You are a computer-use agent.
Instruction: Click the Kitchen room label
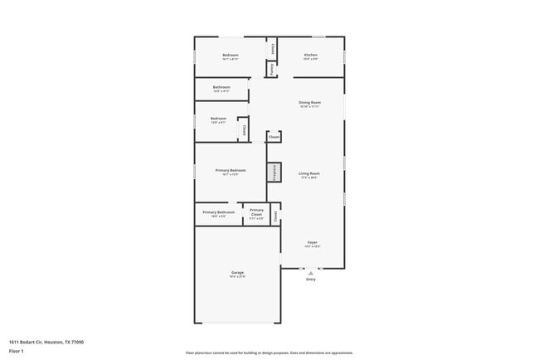coord(310,56)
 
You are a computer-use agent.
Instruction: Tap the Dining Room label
coord(309,103)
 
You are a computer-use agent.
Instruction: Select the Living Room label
coord(309,173)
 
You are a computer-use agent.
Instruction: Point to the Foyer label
coord(312,243)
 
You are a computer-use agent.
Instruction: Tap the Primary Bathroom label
coord(219,212)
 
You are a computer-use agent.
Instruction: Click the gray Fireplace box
coord(274,173)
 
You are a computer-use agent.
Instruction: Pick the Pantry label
coord(273,70)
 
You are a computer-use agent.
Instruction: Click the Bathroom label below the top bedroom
coord(221,87)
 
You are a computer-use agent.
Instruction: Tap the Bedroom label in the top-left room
coord(230,56)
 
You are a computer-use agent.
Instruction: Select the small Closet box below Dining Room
coord(274,137)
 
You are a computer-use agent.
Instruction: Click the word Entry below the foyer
coord(311,280)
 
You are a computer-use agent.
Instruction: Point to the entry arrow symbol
coord(310,272)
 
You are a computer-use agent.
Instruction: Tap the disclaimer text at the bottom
coord(269,353)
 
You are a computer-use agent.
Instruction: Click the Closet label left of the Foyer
coord(274,215)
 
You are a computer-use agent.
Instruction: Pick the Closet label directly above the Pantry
coord(273,48)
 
